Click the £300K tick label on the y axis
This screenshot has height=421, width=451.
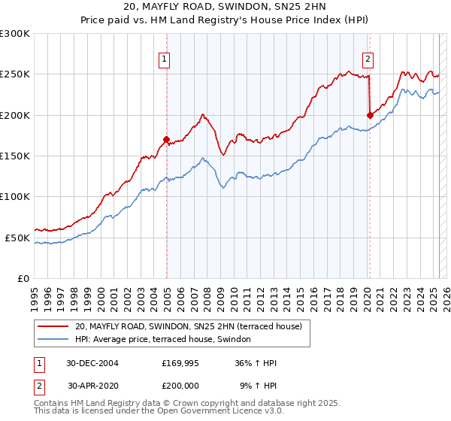pos(15,34)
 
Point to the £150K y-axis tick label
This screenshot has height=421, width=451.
pos(15,156)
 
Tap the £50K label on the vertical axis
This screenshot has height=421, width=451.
pos(17,238)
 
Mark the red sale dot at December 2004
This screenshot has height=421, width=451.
pos(166,139)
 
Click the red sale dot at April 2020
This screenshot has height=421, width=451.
pos(369,115)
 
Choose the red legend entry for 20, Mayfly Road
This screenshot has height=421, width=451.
pos(188,326)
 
